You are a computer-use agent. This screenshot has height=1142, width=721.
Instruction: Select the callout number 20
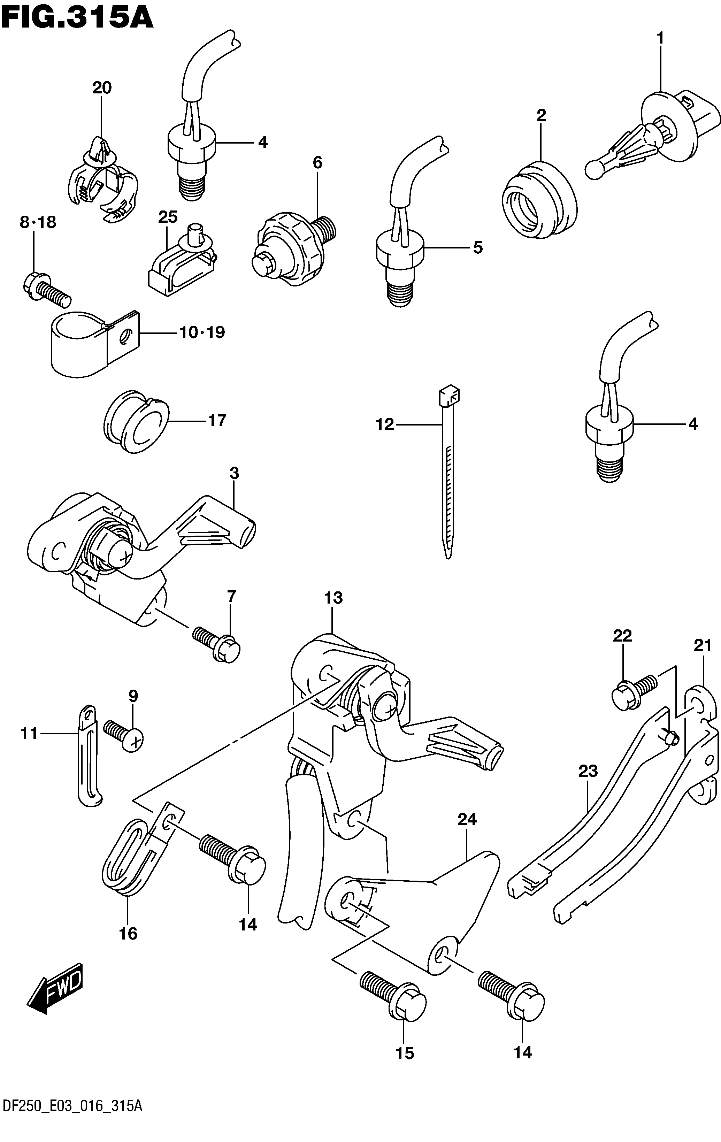click(102, 88)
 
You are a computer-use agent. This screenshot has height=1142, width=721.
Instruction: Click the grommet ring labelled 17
click(136, 422)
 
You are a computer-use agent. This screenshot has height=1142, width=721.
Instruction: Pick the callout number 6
click(317, 163)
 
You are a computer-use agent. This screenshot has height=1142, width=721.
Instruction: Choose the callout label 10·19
click(202, 332)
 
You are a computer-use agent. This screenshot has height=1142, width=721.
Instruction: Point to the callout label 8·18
click(38, 222)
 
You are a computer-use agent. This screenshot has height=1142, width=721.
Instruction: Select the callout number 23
click(588, 772)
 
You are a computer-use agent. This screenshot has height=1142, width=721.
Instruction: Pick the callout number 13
click(333, 598)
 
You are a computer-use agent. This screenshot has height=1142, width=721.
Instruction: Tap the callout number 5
click(478, 247)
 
